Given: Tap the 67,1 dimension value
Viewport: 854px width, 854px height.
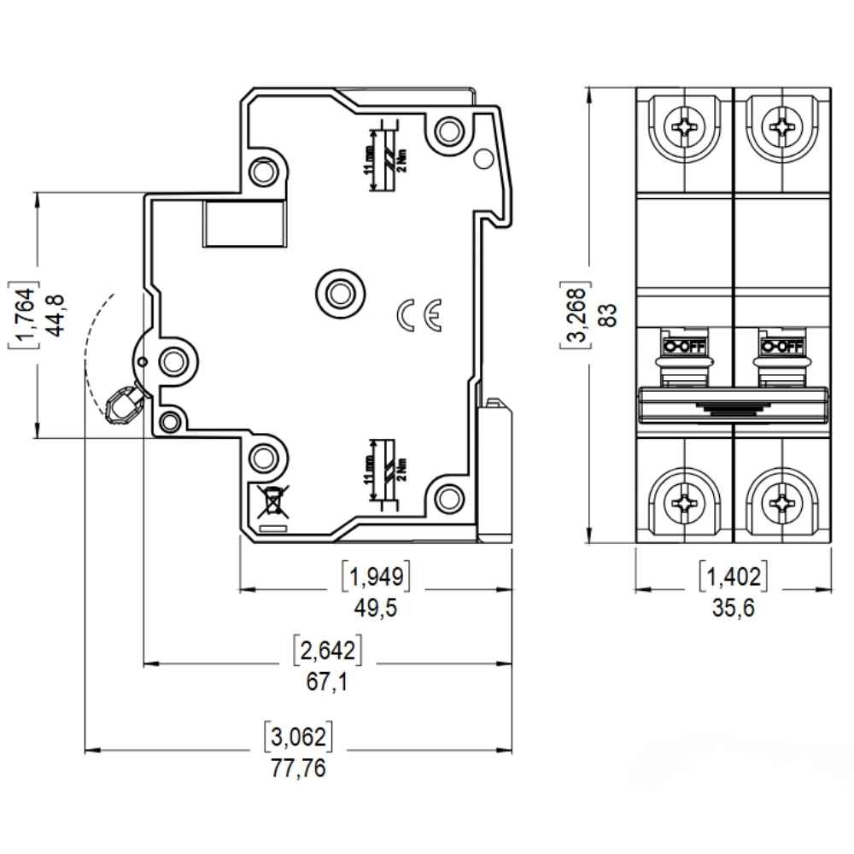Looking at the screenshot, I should point(328,682).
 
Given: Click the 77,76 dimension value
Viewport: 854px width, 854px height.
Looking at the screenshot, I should point(299,768).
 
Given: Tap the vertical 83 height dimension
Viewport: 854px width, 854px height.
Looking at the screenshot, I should point(607,316).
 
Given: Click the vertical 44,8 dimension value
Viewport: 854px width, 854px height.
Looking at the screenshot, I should point(57,315).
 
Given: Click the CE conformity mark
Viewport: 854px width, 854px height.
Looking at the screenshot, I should point(419,315).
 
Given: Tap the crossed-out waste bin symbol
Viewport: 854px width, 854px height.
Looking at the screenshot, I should point(271,502).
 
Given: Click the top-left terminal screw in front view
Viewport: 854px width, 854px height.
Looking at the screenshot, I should point(685,129).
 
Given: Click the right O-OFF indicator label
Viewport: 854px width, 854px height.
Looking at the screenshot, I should point(781,347).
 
